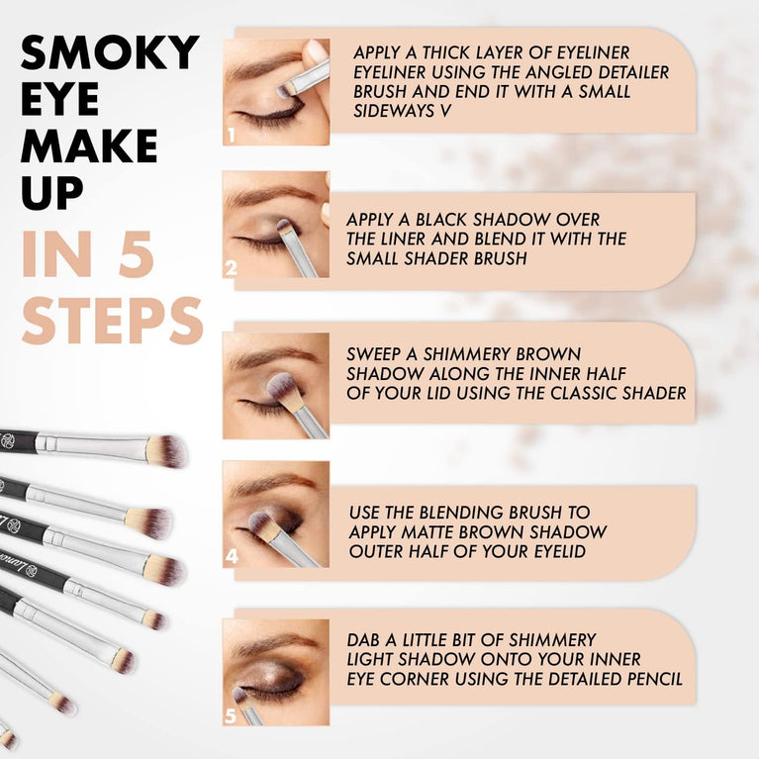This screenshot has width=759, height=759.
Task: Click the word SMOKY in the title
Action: (x=109, y=54)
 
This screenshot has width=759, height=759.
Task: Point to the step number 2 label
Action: (x=232, y=268)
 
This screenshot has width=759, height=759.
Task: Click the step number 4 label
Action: (x=232, y=556)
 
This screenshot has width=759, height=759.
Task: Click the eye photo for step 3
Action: (x=275, y=385)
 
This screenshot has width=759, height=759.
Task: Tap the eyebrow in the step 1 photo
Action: (x=262, y=68)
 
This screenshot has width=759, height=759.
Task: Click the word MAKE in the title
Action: (x=89, y=146)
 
